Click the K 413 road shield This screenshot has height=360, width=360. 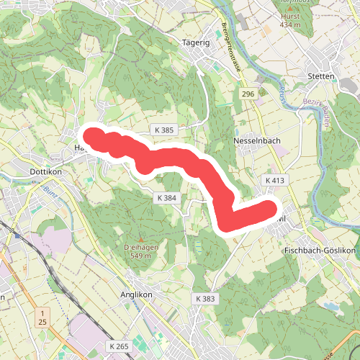(276, 180)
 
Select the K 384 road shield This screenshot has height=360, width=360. (166, 197)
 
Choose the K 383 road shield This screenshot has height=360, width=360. (204, 298)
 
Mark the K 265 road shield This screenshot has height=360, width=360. (120, 346)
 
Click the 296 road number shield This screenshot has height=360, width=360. (248, 94)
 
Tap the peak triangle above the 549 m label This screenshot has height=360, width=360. (140, 239)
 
